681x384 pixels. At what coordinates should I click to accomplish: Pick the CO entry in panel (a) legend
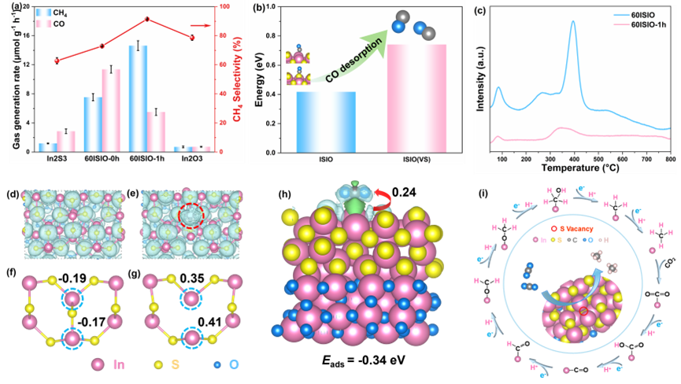point(61,24)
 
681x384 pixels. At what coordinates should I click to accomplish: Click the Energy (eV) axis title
point(261,79)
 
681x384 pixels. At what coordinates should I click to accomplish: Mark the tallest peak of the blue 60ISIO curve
point(572,23)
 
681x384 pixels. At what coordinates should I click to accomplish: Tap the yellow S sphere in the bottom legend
point(158,366)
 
